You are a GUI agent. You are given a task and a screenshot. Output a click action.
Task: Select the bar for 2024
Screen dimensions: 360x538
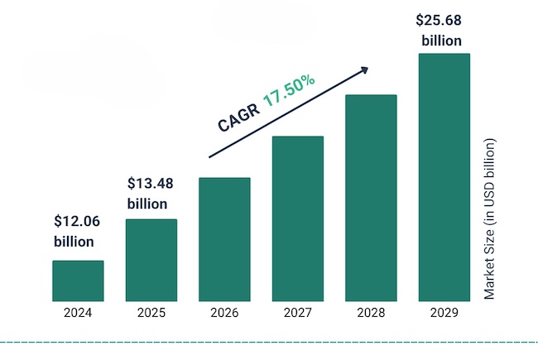78,281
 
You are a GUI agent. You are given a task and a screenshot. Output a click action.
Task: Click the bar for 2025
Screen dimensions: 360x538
151,260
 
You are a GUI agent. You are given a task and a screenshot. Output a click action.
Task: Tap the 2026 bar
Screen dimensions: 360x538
224,239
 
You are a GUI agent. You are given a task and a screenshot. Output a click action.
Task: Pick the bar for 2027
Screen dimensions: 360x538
297,218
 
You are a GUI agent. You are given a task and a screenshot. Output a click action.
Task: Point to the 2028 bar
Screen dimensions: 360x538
371,198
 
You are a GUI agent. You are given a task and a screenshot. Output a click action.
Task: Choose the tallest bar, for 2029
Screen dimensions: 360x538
444,177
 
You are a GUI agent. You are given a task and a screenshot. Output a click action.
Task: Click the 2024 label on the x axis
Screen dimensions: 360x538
78,313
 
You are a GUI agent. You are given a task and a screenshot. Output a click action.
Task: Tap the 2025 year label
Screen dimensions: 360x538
151,313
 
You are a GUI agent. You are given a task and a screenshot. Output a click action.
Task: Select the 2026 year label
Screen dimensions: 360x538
224,313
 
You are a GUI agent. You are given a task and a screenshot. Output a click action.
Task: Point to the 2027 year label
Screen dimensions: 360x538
297,313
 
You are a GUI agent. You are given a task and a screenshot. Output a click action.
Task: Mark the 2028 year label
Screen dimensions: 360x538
371,313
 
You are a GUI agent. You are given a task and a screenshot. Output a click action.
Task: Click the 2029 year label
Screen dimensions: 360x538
444,313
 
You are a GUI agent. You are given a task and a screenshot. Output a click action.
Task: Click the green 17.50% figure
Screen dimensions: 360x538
289,91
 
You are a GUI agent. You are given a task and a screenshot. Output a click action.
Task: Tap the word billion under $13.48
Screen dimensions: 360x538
147,203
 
